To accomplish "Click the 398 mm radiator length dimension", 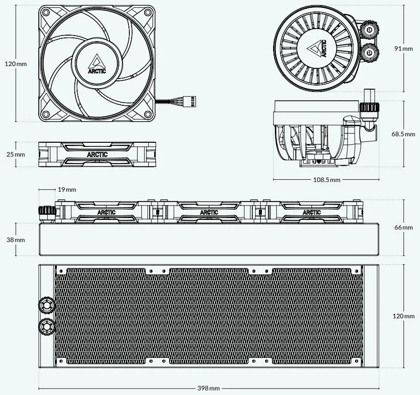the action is pyautogui.click(x=208, y=388).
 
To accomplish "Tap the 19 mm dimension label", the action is pyautogui.click(x=67, y=189).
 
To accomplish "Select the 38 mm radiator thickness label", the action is pyautogui.click(x=16, y=240).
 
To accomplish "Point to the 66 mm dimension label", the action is pyautogui.click(x=403, y=227).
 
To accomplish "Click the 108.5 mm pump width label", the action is pyautogui.click(x=327, y=180).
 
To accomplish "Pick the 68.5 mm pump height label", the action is pyautogui.click(x=403, y=134).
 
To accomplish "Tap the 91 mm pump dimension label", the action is pyautogui.click(x=403, y=49).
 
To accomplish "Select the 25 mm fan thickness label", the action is pyautogui.click(x=16, y=154).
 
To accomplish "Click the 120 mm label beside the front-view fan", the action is pyautogui.click(x=16, y=64).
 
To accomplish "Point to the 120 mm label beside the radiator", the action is pyautogui.click(x=403, y=316).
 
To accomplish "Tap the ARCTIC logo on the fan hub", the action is pyautogui.click(x=97, y=64).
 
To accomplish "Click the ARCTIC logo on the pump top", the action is pyautogui.click(x=317, y=49).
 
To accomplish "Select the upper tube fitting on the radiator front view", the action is pyautogui.click(x=47, y=305).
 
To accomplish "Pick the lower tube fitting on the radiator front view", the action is pyautogui.click(x=47, y=327).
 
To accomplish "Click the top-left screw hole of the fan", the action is pyautogui.click(x=46, y=12).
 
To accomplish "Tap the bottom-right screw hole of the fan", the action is pyautogui.click(x=147, y=115).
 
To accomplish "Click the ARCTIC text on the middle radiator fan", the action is pyautogui.click(x=209, y=213).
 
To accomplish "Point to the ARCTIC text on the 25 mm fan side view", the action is pyautogui.click(x=97, y=154).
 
